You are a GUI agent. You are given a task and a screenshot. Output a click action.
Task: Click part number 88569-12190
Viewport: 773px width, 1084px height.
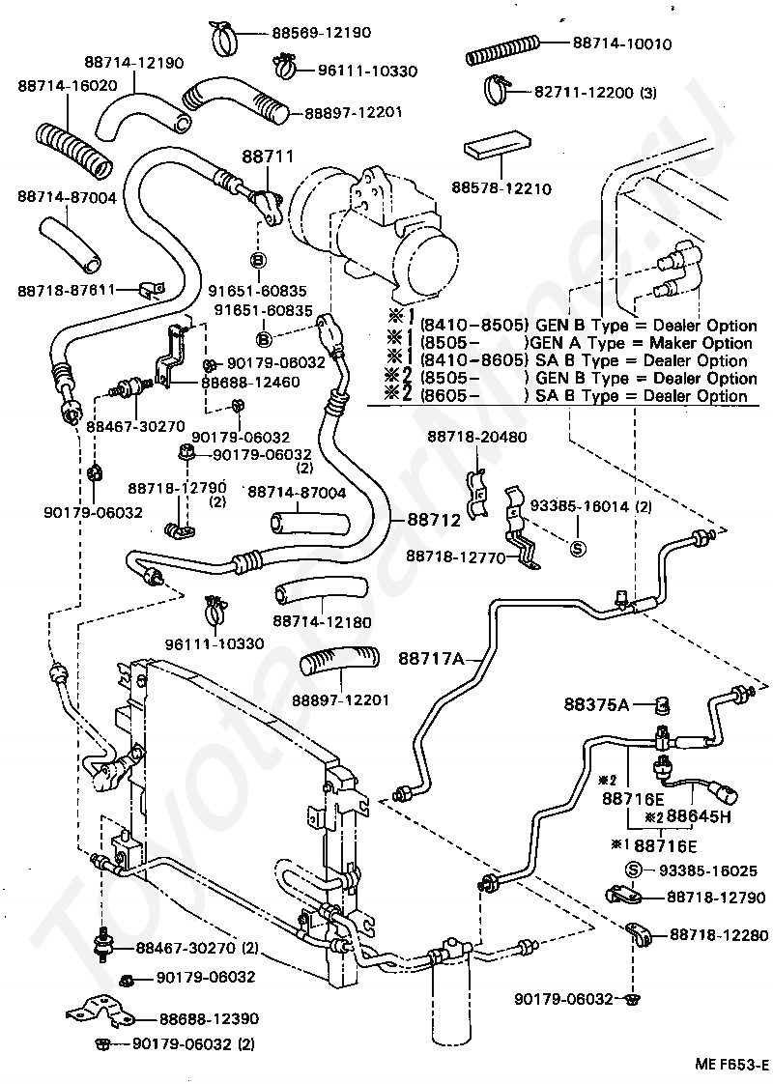(321, 33)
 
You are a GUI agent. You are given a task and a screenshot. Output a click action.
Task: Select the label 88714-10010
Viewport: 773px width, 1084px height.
(621, 43)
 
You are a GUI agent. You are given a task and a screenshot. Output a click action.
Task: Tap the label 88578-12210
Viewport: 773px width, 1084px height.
(501, 188)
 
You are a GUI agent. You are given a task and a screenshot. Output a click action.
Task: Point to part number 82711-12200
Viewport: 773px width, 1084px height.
(584, 92)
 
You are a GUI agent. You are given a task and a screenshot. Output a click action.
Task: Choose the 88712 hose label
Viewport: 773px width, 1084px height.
(434, 520)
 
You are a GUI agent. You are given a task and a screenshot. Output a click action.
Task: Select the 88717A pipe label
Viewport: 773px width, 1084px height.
(432, 658)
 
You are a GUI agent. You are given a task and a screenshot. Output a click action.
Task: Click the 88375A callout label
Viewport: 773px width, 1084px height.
(597, 704)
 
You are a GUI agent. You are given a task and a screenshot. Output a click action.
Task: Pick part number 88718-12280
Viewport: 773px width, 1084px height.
(719, 935)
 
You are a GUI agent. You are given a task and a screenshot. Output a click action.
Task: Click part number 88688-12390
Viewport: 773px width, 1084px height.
(209, 1018)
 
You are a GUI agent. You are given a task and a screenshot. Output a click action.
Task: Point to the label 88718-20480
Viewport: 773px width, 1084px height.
(477, 437)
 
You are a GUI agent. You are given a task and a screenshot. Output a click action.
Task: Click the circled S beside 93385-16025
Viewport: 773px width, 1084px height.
(634, 870)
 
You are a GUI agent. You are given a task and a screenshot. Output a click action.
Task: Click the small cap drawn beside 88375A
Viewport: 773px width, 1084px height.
(663, 705)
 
